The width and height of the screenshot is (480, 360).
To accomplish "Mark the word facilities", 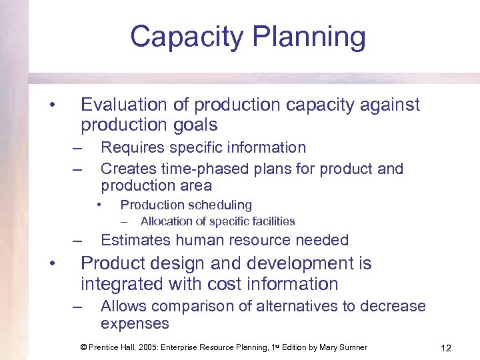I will pyautogui.click(x=270, y=221).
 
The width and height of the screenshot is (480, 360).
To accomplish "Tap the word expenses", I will pyautogui.click(x=135, y=324).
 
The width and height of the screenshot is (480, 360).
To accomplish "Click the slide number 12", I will pyautogui.click(x=446, y=347).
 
